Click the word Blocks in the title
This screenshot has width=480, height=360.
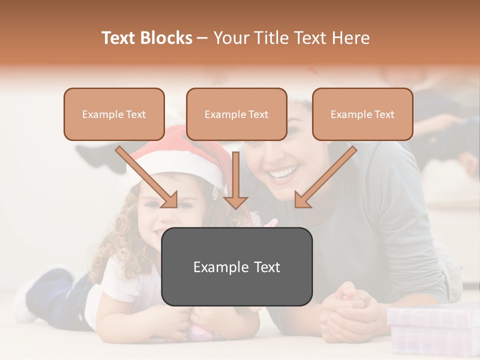[166, 38]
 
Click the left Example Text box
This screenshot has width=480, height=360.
[114, 114]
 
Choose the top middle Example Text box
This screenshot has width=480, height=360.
[236, 114]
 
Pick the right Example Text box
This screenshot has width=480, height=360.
[362, 114]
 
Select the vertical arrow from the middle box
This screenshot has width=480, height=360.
[235, 180]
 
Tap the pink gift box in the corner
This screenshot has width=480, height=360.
[432, 330]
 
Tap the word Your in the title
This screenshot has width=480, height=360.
[231, 38]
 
